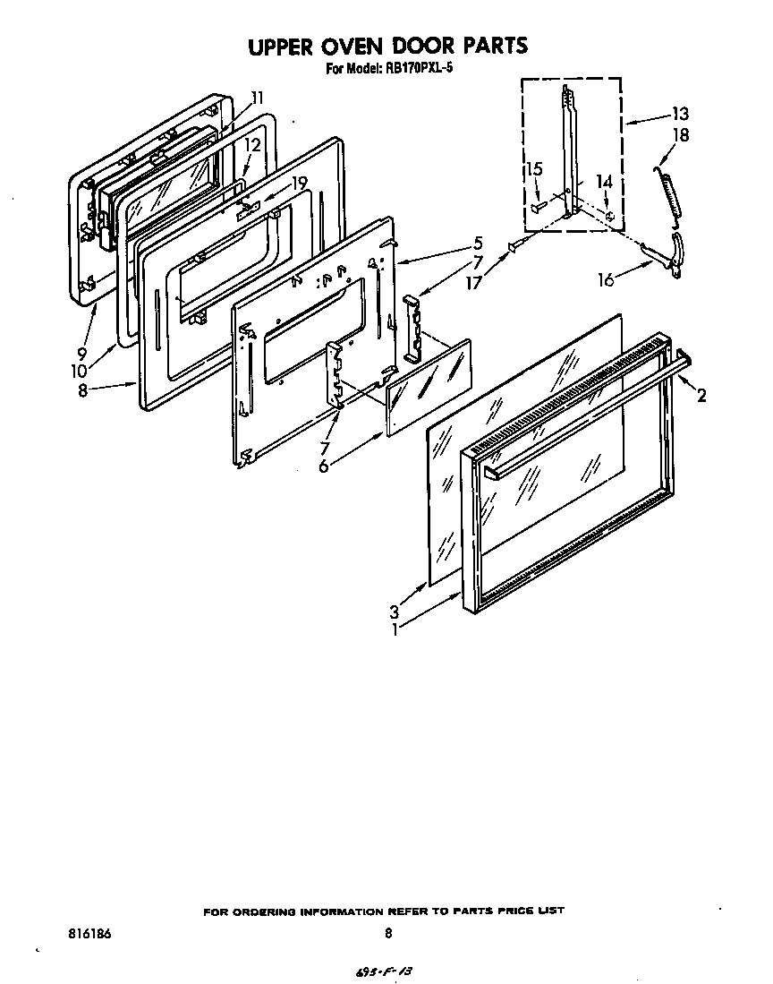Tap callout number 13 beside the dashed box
(680, 114)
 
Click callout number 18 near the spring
(682, 135)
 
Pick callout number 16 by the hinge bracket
(606, 280)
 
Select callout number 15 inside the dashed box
(534, 168)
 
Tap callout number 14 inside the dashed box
(605, 182)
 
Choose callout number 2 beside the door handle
(701, 395)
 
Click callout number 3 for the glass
(394, 612)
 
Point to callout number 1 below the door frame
(394, 629)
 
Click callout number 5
(479, 243)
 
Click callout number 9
(81, 353)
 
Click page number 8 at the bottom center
(388, 933)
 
